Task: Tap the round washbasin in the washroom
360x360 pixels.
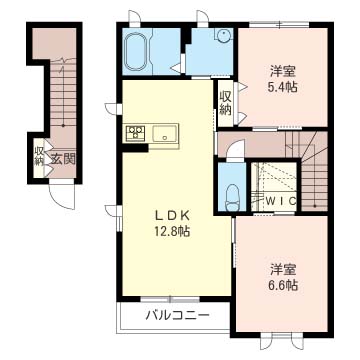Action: [223, 34]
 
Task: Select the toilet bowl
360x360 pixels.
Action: [232, 198]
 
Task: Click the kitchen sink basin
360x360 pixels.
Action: [164, 133]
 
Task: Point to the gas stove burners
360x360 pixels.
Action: [135, 132]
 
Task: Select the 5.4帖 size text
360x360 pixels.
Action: [283, 87]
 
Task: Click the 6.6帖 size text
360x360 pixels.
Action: [283, 285]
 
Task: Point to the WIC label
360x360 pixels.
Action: [281, 201]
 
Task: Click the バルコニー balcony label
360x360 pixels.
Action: [178, 315]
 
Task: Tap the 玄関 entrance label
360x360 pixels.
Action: [63, 160]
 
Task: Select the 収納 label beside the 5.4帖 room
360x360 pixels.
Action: [225, 103]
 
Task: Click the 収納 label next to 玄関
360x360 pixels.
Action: [39, 156]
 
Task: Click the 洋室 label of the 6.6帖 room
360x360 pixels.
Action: [283, 269]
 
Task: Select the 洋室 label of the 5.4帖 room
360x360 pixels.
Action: [283, 71]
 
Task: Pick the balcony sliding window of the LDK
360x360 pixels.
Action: [170, 299]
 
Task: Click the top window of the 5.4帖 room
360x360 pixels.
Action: [279, 24]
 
